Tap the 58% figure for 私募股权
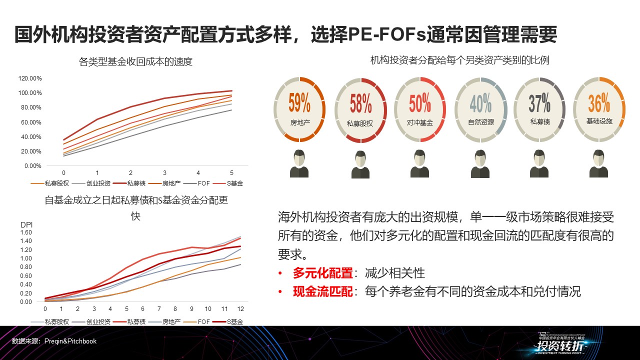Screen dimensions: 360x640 [360, 103]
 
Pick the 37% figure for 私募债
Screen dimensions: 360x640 [539, 103]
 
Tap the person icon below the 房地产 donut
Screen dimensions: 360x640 [299, 163]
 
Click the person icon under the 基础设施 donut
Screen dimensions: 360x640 [598, 163]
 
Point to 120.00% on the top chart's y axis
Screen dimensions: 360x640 [30, 78]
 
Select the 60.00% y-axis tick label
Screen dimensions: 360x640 [30, 122]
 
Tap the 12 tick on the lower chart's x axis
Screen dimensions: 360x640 [240, 309]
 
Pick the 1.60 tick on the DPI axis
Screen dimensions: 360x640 [25, 232]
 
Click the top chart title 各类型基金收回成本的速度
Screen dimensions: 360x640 [135, 62]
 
